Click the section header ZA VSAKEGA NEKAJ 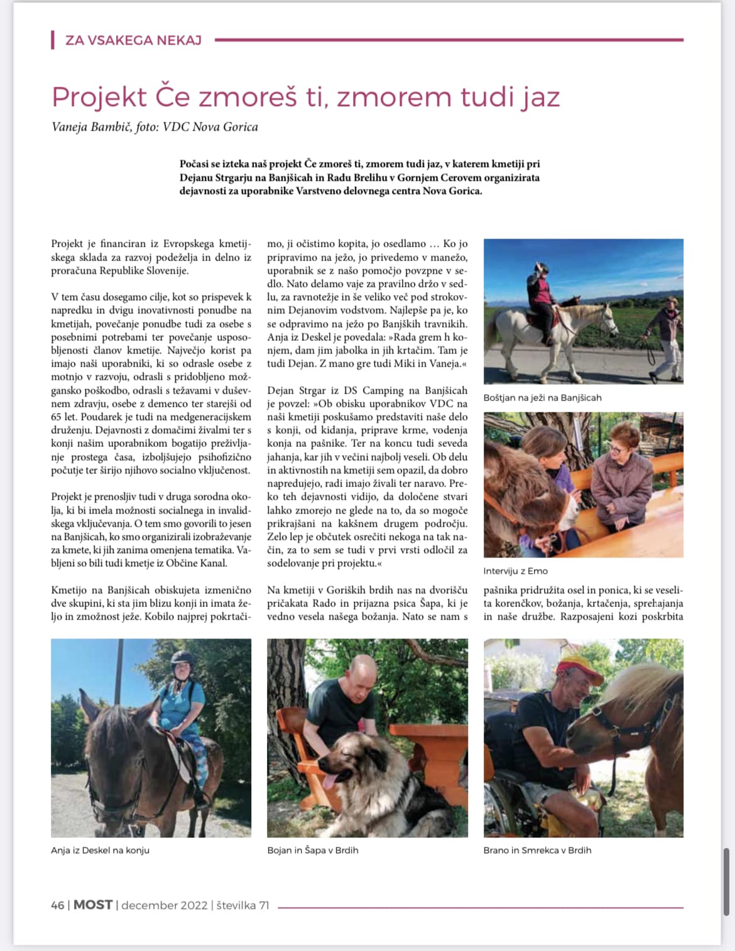pyautogui.click(x=133, y=41)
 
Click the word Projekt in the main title pyautogui.click(x=99, y=97)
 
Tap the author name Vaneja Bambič pyautogui.click(x=92, y=127)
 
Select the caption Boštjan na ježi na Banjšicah pyautogui.click(x=542, y=398)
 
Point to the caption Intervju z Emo pyautogui.click(x=515, y=571)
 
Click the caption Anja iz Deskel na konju pyautogui.click(x=100, y=851)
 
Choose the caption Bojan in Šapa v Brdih pyautogui.click(x=312, y=851)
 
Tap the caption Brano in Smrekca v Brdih pyautogui.click(x=537, y=851)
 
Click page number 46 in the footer pyautogui.click(x=57, y=905)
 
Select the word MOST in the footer pyautogui.click(x=93, y=905)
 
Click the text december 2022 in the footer pyautogui.click(x=164, y=905)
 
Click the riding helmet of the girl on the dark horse pyautogui.click(x=182, y=658)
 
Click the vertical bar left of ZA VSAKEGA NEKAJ pyautogui.click(x=52, y=40)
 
